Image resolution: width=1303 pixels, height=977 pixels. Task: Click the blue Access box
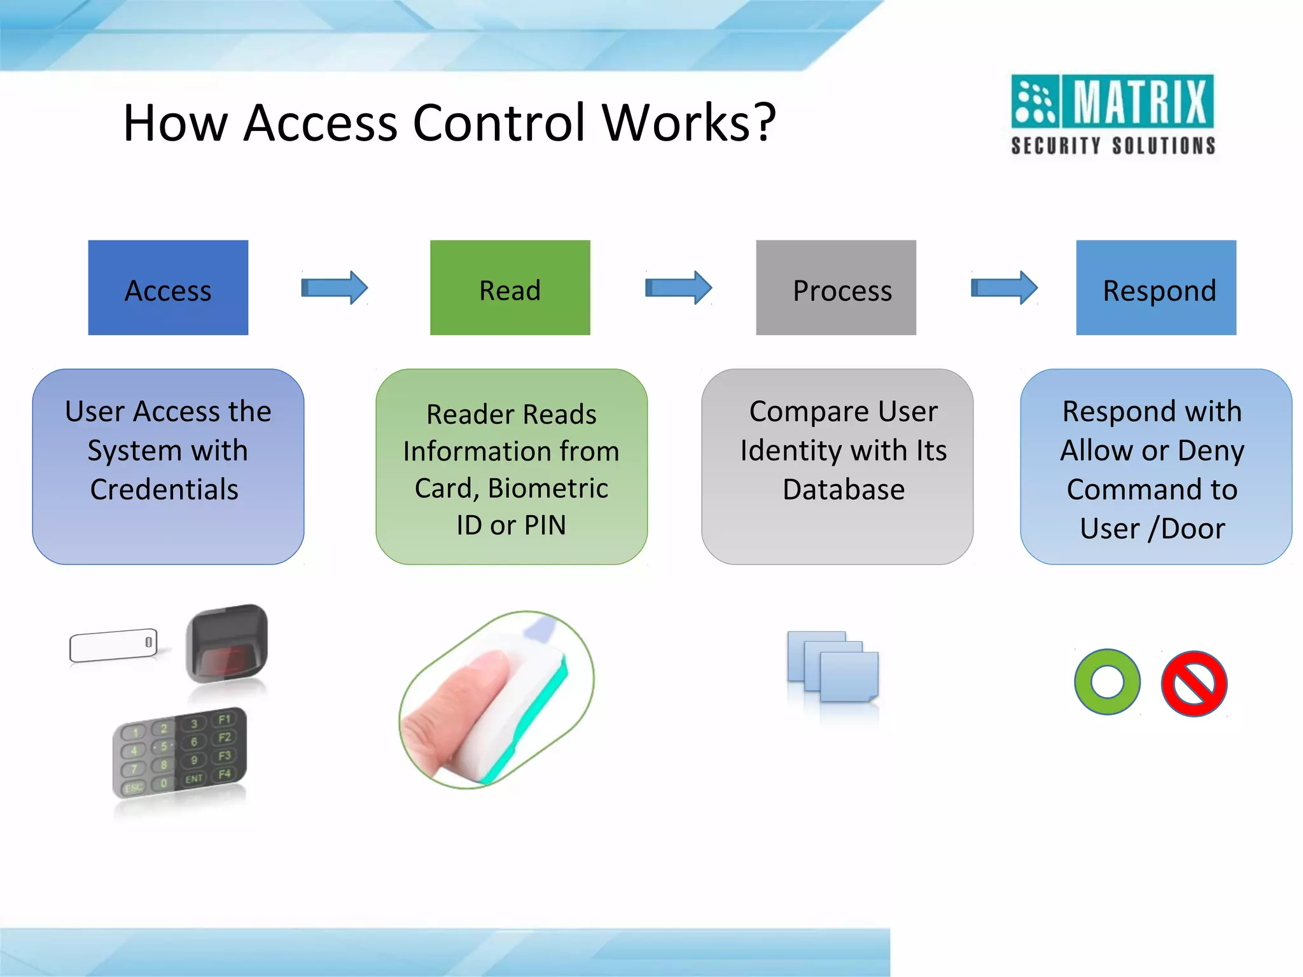coord(168,288)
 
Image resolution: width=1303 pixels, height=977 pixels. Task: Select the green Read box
coord(510,288)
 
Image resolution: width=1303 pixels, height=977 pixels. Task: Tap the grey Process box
coord(835,288)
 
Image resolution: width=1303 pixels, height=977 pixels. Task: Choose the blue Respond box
coord(1155,288)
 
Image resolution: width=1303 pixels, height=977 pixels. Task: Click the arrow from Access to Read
coord(334,288)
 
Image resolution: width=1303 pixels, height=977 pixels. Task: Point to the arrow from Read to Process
coord(678,288)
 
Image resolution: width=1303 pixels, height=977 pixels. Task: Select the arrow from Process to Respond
coord(1004,288)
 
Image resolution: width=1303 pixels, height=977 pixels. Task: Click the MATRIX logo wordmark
coord(1139,101)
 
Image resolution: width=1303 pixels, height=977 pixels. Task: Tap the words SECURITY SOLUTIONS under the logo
coord(1113,146)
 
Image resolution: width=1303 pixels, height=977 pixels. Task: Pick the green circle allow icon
coord(1107,682)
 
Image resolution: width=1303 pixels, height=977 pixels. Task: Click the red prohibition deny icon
coord(1194,683)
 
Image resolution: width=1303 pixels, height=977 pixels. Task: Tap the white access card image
coord(113,646)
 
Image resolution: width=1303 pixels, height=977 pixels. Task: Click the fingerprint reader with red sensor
coord(227,644)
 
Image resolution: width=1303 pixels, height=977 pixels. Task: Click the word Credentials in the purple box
coord(164,490)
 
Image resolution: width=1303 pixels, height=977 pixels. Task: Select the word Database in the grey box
coord(843,490)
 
